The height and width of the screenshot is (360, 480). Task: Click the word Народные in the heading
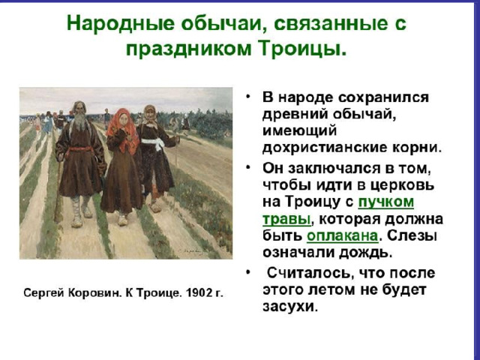(x=121, y=23)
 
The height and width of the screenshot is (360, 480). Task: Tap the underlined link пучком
(x=385, y=202)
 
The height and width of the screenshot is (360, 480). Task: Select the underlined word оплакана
(x=342, y=236)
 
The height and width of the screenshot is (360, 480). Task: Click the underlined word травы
(x=286, y=220)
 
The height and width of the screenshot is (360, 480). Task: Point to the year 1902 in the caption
(x=196, y=293)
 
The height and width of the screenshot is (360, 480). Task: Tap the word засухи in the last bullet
(x=289, y=307)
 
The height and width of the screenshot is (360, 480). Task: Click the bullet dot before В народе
(x=247, y=97)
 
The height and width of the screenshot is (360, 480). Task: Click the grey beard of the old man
(x=80, y=121)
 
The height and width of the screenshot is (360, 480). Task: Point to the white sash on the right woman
(x=152, y=143)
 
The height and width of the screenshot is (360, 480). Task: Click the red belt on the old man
(x=81, y=149)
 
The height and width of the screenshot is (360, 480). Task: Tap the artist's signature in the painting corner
(x=193, y=250)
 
